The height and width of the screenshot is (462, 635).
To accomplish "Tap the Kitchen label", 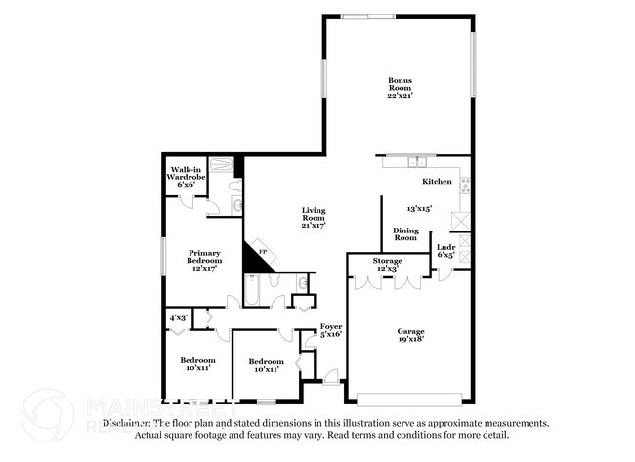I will point(437,182).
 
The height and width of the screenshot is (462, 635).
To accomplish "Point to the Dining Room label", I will point(405,233).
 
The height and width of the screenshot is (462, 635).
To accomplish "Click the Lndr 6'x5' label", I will point(445,251).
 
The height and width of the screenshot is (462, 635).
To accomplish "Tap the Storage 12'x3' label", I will point(387,264).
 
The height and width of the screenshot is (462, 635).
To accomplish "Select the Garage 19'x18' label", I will point(409,336).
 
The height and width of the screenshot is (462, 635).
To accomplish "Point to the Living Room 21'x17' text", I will point(313,217).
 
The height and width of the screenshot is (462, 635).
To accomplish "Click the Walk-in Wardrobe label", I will point(186,176).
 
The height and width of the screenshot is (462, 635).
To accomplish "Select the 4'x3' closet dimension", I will point(179,317).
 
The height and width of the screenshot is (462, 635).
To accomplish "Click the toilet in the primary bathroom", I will point(236,203).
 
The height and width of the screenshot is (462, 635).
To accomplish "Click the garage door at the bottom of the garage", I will point(409,400).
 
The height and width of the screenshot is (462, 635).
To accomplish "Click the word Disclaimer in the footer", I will point(129,424).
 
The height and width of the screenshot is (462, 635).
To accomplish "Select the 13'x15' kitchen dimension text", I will point(419,208).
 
